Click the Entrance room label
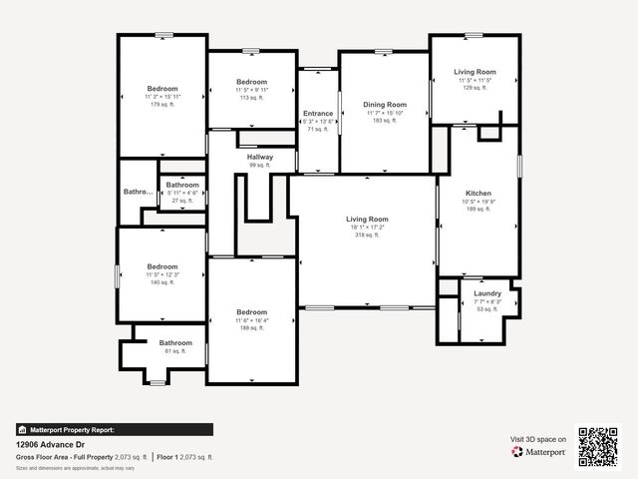(x=318, y=114)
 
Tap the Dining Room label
(x=385, y=105)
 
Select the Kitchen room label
(x=478, y=194)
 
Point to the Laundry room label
(x=487, y=293)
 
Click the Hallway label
(x=260, y=158)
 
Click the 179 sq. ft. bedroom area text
(x=161, y=105)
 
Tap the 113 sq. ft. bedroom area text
(x=251, y=99)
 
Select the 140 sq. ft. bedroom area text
(x=161, y=282)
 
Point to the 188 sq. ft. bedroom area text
(x=251, y=327)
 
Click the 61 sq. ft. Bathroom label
(x=175, y=343)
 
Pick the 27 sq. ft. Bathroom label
(x=182, y=185)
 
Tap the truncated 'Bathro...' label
(x=139, y=192)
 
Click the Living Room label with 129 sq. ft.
(x=475, y=72)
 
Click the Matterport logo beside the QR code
(x=539, y=452)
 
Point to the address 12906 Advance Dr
(x=50, y=445)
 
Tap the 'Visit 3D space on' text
(x=538, y=439)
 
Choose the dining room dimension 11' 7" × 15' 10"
(x=385, y=113)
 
